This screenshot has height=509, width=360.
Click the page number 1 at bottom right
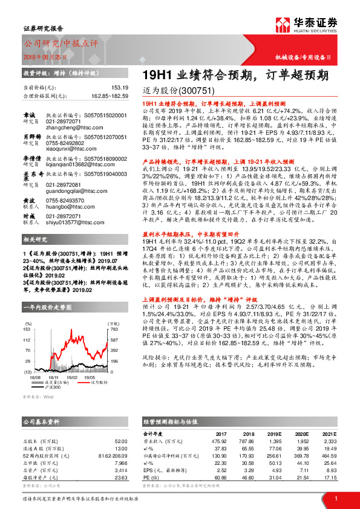(335, 498)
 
